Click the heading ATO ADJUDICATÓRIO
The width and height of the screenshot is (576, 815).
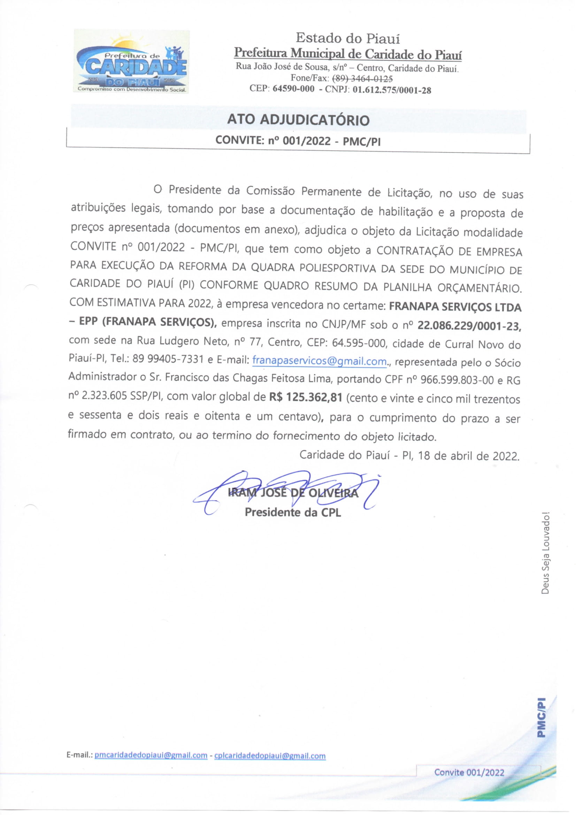[298, 120]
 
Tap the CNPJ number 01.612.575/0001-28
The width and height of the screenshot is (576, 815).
[392, 90]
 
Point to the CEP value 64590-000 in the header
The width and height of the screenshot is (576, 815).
[293, 89]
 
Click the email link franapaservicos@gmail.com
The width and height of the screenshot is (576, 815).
[320, 361]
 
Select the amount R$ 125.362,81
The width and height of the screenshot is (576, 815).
[306, 397]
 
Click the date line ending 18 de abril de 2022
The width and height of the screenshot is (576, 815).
[409, 455]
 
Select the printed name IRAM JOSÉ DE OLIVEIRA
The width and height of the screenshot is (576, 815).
[293, 493]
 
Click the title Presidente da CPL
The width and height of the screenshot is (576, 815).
[293, 512]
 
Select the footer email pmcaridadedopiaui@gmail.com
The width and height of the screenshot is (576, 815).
[151, 755]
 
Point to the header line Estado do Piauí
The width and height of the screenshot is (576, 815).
[348, 38]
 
